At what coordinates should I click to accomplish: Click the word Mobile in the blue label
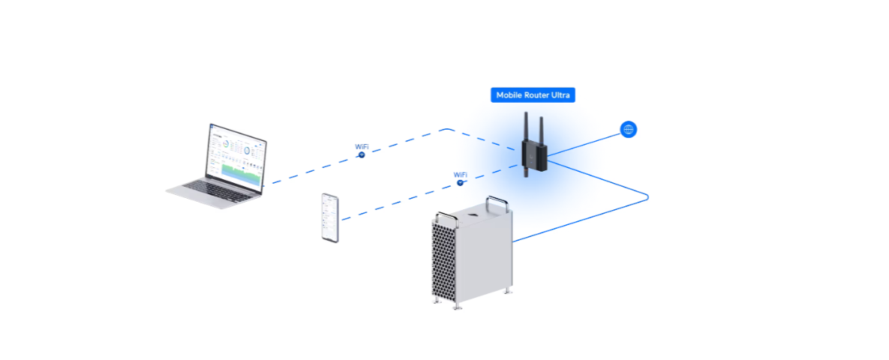coord(510,96)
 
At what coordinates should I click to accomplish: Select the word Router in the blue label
coord(541,96)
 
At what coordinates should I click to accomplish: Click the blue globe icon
coord(629,130)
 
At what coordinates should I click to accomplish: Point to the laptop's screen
coord(236,154)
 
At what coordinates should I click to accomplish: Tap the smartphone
coord(330,217)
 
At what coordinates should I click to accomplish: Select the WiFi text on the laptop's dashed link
coord(362,147)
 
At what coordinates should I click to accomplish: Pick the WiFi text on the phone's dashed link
coord(461,175)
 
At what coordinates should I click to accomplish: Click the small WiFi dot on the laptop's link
coord(362,154)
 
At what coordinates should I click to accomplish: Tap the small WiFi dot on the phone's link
coord(460,182)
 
